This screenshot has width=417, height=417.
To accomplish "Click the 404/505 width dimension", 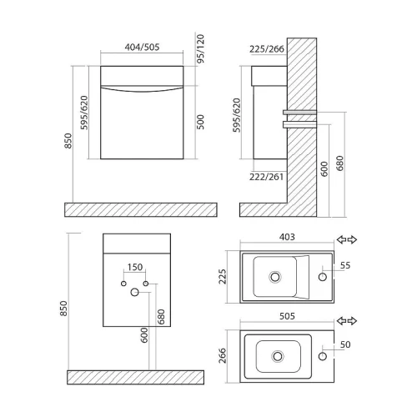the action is coord(142,47).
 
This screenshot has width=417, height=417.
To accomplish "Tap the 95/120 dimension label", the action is coord(200,48).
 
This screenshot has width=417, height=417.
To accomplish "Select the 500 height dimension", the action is coord(200,122).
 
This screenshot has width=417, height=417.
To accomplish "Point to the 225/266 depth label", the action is coord(267,49).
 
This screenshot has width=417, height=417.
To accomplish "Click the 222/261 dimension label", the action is coord(266,177).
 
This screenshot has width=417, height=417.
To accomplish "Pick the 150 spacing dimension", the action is coord(135,267).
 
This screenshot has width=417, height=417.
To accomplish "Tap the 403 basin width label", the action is coord(287,237).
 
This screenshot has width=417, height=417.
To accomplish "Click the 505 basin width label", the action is coord(287,316).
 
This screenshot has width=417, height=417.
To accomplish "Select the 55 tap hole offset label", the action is coord(345,265).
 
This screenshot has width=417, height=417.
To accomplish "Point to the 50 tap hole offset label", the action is coord(345,344).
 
